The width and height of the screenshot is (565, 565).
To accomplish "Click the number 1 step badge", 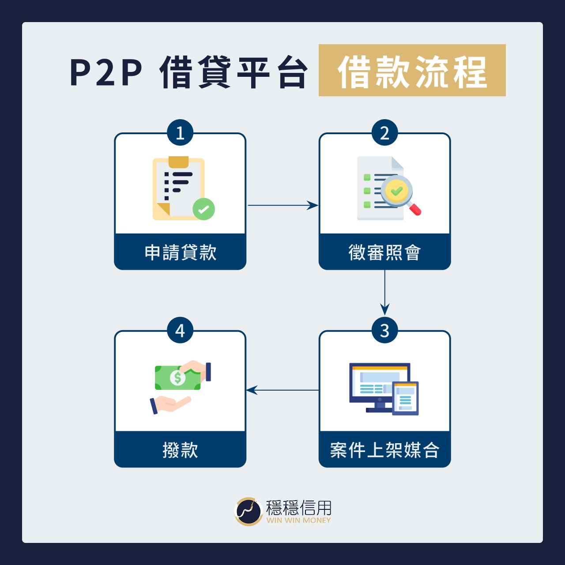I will tap(180, 132).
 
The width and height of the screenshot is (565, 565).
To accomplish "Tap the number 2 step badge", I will tap(384, 132).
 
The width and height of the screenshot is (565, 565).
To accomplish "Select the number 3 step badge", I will tap(384, 330).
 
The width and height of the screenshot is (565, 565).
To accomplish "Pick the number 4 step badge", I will tap(180, 330).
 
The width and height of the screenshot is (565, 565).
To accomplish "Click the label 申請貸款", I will tap(180, 252).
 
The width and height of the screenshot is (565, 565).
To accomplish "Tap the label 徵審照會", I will tap(384, 252).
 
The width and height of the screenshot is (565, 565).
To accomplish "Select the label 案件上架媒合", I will tap(384, 450).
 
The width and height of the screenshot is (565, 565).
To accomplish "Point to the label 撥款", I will tap(180, 450).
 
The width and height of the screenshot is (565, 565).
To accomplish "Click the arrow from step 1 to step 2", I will tap(282, 205).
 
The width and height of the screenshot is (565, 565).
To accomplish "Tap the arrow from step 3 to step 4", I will tap(282, 390).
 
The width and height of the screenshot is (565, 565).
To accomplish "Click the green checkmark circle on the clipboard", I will tap(203, 209).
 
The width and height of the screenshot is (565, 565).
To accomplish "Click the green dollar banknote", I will tap(177, 378).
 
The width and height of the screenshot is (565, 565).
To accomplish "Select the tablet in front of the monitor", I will tap(405, 398).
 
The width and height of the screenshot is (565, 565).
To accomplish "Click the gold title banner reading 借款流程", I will tap(412, 71).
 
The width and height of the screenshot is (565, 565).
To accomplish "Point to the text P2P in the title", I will tap(106, 72).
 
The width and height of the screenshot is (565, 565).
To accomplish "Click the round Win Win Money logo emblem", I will tap(249, 512).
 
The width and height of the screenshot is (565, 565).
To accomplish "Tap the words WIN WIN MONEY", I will tap(298, 520).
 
